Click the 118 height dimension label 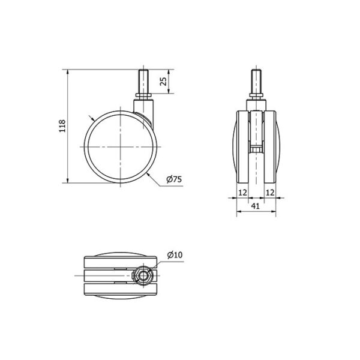click(62, 125)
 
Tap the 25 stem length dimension click(163, 81)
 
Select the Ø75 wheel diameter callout click(174, 179)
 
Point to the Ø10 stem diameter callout click(175, 255)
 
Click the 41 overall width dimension click(256, 206)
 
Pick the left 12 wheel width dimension click(242, 193)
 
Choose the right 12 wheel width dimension click(270, 193)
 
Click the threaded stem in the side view click(143, 81)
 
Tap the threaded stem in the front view click(256, 81)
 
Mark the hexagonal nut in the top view click(143, 275)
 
